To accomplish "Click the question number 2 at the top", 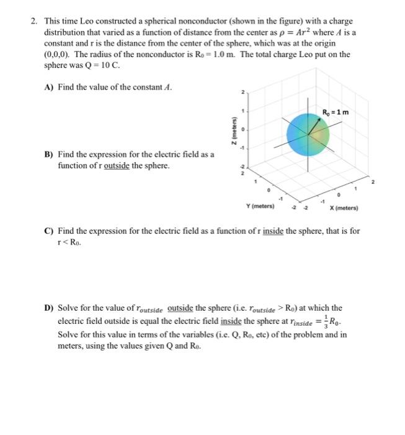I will click(x=34, y=21).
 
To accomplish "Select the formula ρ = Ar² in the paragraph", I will click(x=300, y=32).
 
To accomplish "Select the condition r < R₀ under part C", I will click(x=68, y=242).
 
